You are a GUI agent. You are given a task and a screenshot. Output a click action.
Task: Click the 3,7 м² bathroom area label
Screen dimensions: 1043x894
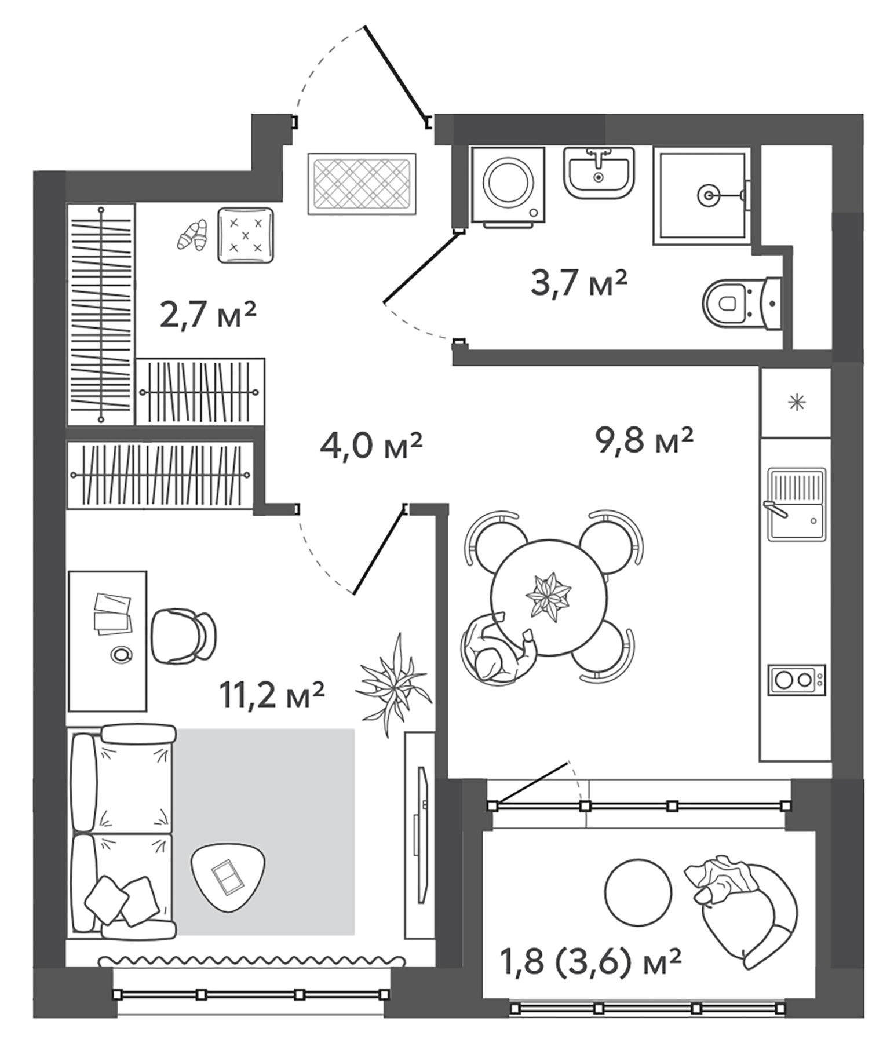(x=578, y=283)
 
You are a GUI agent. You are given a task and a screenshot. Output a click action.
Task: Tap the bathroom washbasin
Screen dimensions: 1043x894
(x=599, y=172)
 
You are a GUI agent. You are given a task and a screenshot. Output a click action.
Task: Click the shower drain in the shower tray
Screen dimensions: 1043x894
(x=707, y=195)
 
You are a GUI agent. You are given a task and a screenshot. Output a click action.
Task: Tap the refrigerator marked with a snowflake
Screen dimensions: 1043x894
(x=797, y=402)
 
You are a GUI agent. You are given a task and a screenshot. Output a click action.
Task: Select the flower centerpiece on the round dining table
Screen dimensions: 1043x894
(x=548, y=597)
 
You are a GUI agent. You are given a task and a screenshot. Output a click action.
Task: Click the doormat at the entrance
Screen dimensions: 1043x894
(x=362, y=184)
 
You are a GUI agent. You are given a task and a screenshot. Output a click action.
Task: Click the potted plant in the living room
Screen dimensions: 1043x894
(x=394, y=684)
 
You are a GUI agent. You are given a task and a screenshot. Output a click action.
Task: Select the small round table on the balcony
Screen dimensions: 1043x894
(x=637, y=892)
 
